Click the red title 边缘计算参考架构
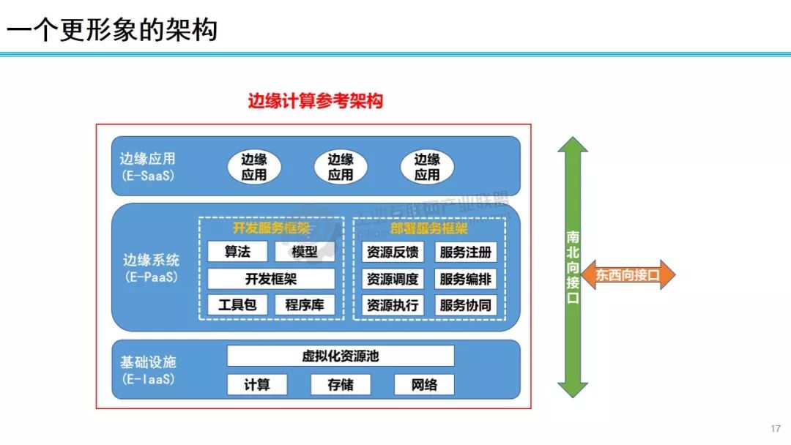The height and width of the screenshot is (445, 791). click(316, 102)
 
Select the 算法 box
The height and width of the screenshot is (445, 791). click(237, 252)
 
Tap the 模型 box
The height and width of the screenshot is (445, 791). click(305, 252)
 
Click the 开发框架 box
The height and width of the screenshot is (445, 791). click(271, 279)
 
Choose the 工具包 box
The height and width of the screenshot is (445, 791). click(237, 305)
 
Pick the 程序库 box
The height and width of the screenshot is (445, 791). click(305, 305)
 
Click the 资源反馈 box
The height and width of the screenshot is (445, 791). click(392, 253)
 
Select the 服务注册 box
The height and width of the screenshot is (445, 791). click(466, 253)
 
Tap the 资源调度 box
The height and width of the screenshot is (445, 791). click(392, 279)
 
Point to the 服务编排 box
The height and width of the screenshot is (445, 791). click(466, 279)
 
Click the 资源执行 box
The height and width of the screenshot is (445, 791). click(392, 305)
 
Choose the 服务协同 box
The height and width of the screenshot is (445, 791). click(466, 305)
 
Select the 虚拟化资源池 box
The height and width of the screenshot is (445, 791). click(341, 356)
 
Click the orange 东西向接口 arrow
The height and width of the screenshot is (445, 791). click(628, 275)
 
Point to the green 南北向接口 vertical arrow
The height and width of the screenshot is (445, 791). click(573, 267)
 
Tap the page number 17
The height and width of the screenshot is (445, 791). click(776, 429)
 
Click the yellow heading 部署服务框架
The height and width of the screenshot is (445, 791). click(428, 228)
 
